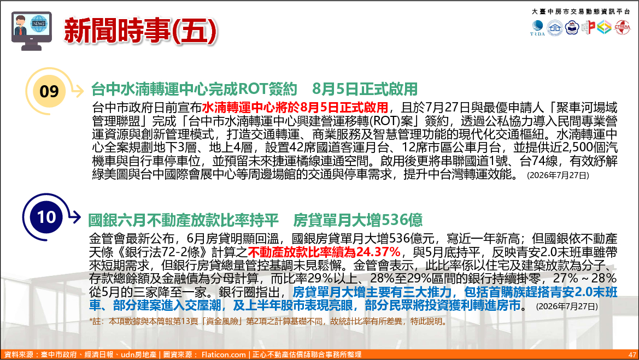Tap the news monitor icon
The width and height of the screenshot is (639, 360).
click(x=31, y=31)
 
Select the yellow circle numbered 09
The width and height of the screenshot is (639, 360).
click(x=49, y=91)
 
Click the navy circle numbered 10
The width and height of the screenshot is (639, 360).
click(x=46, y=217)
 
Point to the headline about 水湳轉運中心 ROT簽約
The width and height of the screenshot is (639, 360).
click(x=254, y=89)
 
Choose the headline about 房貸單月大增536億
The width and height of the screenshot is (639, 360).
click(x=255, y=220)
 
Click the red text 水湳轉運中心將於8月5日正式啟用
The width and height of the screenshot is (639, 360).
click(x=295, y=108)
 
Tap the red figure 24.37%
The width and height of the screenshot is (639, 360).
click(x=378, y=251)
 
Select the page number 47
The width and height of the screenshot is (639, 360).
click(x=632, y=355)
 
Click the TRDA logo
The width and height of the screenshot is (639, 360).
click(x=537, y=28)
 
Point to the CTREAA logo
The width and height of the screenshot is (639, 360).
click(x=622, y=27)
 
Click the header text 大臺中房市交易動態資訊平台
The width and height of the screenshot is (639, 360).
click(x=581, y=11)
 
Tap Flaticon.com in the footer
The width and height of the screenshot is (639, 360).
click(x=224, y=355)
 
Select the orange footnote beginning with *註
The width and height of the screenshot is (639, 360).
click(x=268, y=321)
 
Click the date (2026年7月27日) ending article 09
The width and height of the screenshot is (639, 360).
click(x=558, y=175)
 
